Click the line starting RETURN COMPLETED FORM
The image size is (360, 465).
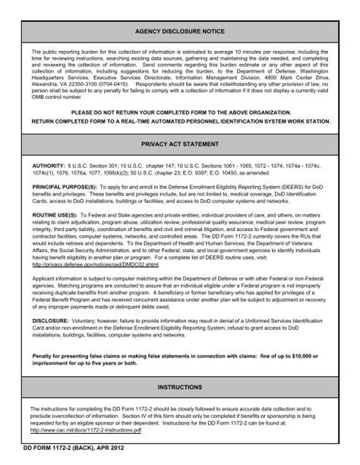[180, 119]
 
